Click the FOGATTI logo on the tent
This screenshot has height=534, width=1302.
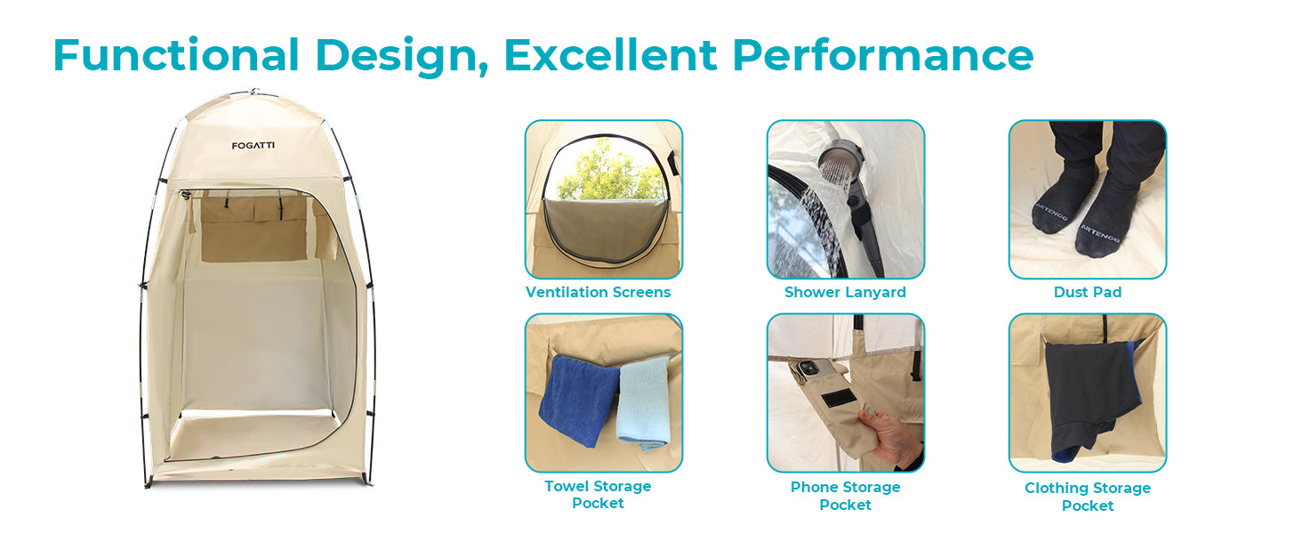click(253, 145)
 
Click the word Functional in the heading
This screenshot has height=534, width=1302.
click(176, 55)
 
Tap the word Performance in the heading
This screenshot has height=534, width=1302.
click(883, 55)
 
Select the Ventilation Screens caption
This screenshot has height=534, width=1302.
click(599, 292)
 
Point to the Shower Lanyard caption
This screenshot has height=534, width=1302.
click(845, 292)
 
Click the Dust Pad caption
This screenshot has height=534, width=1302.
click(1088, 292)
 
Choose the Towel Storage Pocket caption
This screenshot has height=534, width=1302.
click(599, 495)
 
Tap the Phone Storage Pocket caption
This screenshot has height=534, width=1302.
click(845, 496)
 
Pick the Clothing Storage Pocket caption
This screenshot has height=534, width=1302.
click(1088, 497)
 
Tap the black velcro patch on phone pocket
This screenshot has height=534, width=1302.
click(839, 398)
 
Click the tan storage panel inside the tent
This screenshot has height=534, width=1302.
click(254, 230)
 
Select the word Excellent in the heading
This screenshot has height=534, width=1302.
click(610, 55)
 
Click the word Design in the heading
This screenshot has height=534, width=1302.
click(402, 57)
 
